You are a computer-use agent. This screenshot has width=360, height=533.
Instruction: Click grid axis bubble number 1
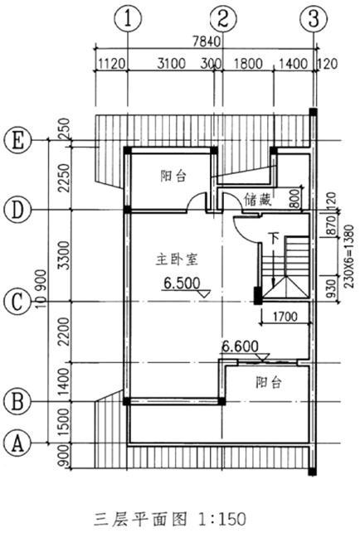[x=128, y=19]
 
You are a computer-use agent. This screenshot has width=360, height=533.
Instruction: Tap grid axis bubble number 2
[x=223, y=19]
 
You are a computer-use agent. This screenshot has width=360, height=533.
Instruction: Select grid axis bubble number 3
[x=314, y=19]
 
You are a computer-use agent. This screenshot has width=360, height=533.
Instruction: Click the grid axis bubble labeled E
[x=18, y=141]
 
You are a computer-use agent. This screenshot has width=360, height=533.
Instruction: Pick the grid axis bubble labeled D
[x=18, y=210]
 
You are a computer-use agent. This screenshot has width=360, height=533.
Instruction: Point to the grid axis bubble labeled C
[x=18, y=302]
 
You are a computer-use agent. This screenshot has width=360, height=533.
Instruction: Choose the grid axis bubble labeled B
[x=18, y=401]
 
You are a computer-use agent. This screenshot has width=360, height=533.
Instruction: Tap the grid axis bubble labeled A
[x=18, y=443]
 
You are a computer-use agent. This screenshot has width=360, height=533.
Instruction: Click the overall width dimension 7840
[x=207, y=41]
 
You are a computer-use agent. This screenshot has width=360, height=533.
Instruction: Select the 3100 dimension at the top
[x=172, y=64]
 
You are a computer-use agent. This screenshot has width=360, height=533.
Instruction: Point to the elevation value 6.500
[x=182, y=283]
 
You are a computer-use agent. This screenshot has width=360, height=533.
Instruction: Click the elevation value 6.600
[x=241, y=346]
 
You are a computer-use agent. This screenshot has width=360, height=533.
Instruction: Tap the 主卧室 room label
[x=177, y=259]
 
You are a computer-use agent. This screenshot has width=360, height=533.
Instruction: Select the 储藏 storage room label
[x=258, y=200]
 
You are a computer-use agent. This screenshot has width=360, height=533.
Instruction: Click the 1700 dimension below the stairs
[x=285, y=317]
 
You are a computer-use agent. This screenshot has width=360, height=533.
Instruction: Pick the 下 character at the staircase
[x=274, y=238]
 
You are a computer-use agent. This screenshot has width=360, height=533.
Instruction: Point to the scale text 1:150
[x=222, y=519]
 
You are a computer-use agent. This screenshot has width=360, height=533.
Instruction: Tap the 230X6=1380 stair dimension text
[x=349, y=257]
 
